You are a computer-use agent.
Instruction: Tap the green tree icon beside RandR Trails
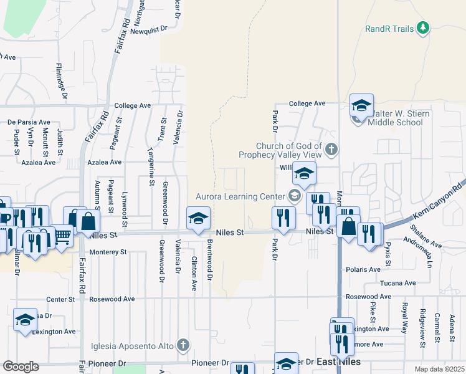pyautogui.click(x=424, y=27)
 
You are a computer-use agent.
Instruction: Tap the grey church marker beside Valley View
pyautogui.click(x=331, y=149)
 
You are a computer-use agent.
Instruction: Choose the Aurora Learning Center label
pyautogui.click(x=240, y=196)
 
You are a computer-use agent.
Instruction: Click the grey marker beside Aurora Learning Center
pyautogui.click(x=295, y=196)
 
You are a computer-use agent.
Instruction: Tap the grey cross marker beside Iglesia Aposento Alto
pyautogui.click(x=183, y=344)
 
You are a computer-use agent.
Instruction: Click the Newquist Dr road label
pyautogui.click(x=149, y=29)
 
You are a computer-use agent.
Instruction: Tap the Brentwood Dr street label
pyautogui.click(x=210, y=259)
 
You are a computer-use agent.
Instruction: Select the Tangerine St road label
pyautogui.click(x=151, y=168)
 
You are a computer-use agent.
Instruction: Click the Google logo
pyautogui.click(x=21, y=367)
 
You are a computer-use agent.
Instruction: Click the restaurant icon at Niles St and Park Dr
pyautogui.click(x=282, y=218)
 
